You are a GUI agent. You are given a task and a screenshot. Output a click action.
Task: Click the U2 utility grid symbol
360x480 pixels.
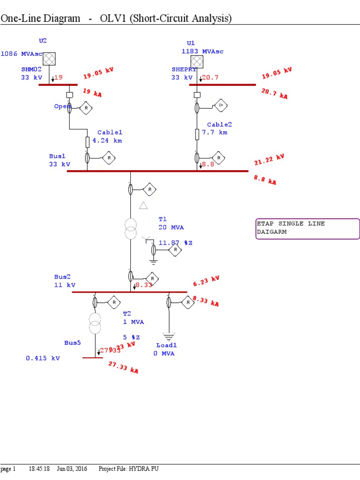49,59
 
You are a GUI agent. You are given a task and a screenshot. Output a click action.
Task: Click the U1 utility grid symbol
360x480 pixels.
197,61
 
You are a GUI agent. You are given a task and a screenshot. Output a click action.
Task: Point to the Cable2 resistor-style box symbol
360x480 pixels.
197,135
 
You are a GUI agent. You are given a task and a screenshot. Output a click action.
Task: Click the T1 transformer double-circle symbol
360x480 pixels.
131,228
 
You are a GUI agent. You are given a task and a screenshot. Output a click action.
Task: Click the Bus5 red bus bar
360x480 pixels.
92,358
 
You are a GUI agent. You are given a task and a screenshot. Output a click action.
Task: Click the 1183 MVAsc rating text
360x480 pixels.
203,51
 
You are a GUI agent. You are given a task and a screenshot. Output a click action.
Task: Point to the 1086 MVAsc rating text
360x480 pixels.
22,54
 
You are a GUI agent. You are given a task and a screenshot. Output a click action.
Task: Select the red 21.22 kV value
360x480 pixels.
270,159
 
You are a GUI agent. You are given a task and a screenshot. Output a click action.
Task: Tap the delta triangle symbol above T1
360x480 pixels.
143,205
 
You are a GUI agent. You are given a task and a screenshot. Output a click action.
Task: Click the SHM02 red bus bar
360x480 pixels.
58,85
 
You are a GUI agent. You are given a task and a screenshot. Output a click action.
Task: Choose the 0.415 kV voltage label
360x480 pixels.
43,358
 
